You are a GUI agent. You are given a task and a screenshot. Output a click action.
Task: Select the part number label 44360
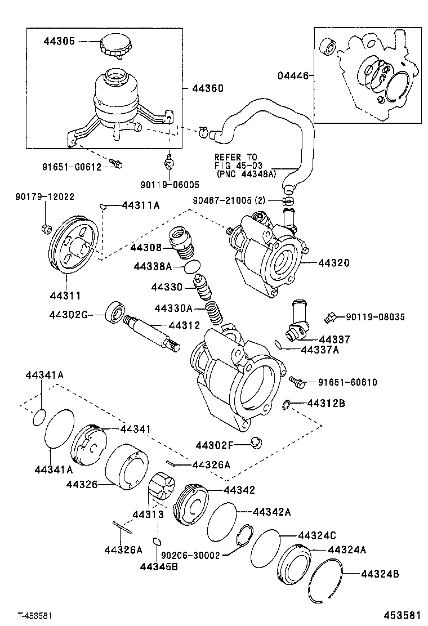pos(207,88)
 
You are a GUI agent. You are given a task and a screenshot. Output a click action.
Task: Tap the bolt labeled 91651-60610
pos(297,382)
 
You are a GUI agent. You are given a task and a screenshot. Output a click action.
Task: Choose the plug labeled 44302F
pos(256,443)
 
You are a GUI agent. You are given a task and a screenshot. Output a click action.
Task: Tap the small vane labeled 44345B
pos(158,542)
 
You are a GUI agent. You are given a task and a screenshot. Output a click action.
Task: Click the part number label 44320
pos(333,263)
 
